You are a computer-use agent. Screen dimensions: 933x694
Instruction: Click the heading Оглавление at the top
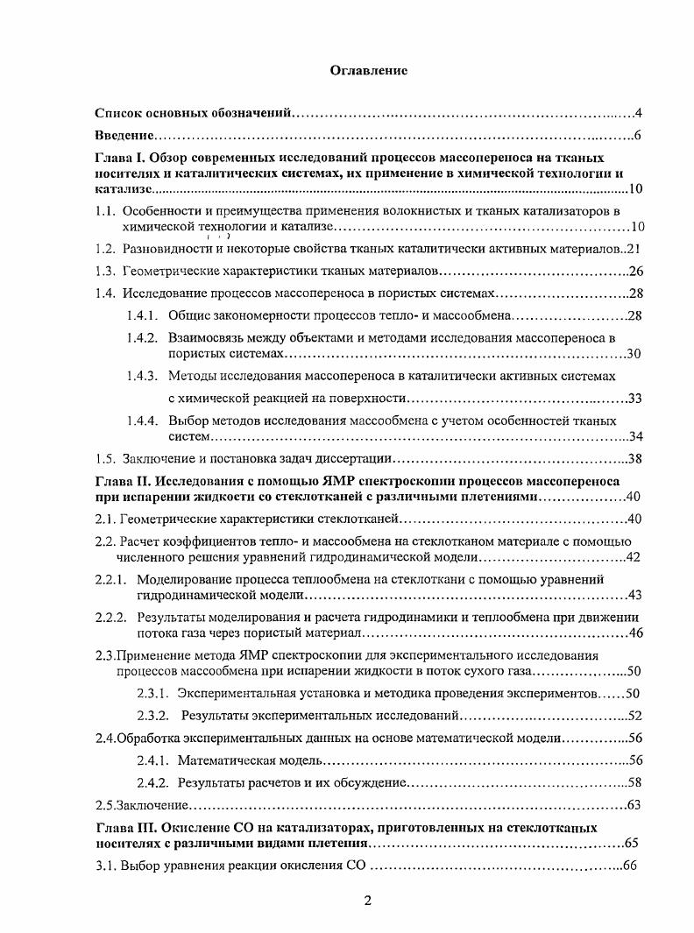[368, 69]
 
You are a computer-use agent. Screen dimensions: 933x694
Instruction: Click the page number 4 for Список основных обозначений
[639, 114]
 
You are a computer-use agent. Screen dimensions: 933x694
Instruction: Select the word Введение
[124, 137]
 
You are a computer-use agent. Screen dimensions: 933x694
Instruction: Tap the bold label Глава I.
[118, 159]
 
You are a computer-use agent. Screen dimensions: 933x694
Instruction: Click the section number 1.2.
[105, 249]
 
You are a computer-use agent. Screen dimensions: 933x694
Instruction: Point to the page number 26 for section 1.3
[636, 271]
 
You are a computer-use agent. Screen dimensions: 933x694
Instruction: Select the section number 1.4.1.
[141, 315]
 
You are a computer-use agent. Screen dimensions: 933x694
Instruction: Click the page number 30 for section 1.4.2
[636, 354]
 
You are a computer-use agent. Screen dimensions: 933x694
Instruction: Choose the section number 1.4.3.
[141, 376]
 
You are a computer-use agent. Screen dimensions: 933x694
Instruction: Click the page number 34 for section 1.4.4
[636, 436]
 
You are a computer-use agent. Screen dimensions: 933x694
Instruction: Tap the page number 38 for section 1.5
[636, 459]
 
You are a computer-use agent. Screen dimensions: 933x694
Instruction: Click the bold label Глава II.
[121, 481]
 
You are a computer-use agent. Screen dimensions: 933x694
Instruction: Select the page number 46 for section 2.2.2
[636, 633]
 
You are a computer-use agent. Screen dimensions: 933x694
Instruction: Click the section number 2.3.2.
[152, 716]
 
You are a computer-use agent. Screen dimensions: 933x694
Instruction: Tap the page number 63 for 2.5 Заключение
[636, 804]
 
